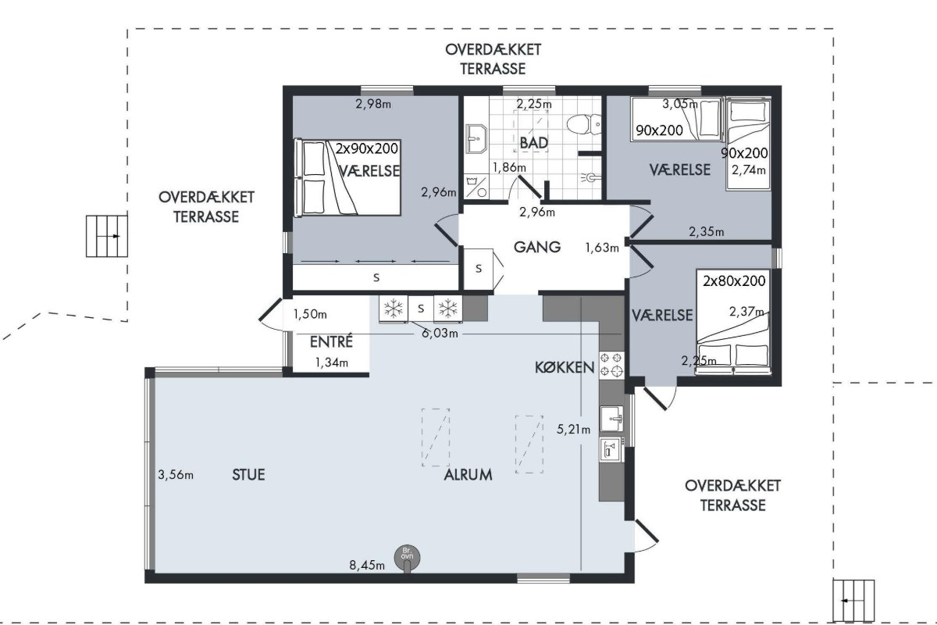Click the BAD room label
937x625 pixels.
pos(534,143)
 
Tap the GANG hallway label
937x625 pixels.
pos(537,247)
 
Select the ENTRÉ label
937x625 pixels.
pos(331,342)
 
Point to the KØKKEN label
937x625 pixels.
pos(565,367)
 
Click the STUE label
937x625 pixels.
pos(248,475)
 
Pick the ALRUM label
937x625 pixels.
pos(468,475)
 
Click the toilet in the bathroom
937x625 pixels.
pos(584,125)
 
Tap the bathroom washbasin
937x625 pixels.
pos(476,138)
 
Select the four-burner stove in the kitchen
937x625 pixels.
pos(611,365)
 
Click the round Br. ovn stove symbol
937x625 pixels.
pos(407,558)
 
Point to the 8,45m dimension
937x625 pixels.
pos(367,566)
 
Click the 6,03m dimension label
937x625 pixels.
pos(440,334)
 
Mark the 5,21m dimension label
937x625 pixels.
pos(573,429)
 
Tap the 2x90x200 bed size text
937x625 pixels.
pos(367,148)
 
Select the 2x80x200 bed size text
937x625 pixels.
pos(734,281)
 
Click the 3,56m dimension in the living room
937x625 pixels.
pos(176,475)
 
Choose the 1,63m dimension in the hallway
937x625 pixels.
pos(602,248)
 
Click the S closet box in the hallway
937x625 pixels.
pos(479,269)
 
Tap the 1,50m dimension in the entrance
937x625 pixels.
pos(310,314)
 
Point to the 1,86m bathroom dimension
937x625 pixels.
pos(509,167)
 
